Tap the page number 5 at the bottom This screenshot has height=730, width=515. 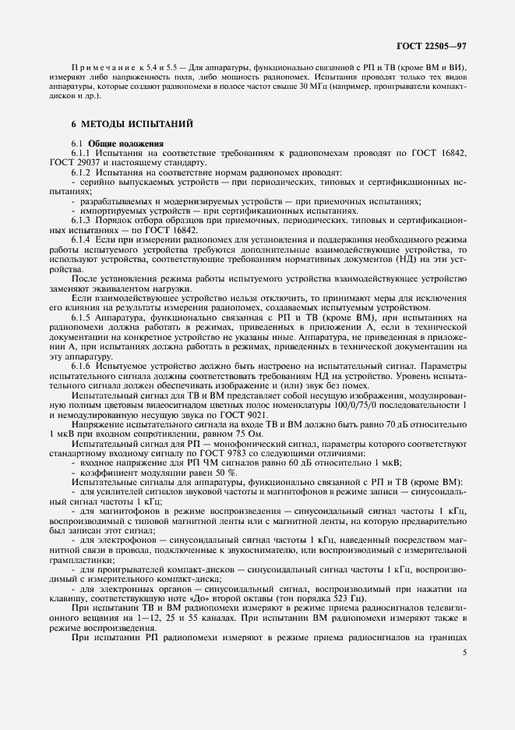pos(464,653)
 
